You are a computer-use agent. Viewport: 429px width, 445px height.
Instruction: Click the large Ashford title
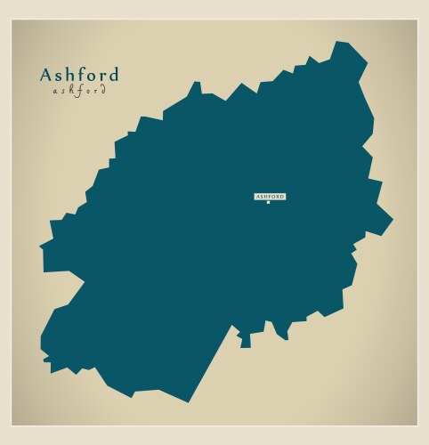(78, 75)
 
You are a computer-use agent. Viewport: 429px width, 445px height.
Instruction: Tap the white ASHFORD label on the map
(271, 196)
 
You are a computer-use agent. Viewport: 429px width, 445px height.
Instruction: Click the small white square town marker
(268, 203)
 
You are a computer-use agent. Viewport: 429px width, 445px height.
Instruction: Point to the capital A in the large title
(46, 75)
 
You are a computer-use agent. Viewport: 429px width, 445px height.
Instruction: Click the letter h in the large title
(70, 75)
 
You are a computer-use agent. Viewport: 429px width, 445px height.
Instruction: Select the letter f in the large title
(81, 75)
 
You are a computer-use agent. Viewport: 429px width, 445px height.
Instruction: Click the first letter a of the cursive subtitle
(55, 91)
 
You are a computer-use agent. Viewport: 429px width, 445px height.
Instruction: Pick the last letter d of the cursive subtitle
(103, 90)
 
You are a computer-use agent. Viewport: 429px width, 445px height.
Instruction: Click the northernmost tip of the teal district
(337, 42)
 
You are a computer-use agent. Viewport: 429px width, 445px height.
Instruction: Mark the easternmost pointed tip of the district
(392, 219)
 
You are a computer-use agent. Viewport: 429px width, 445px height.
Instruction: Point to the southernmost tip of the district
(188, 401)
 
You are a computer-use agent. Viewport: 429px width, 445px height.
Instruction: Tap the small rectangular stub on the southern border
(246, 341)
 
